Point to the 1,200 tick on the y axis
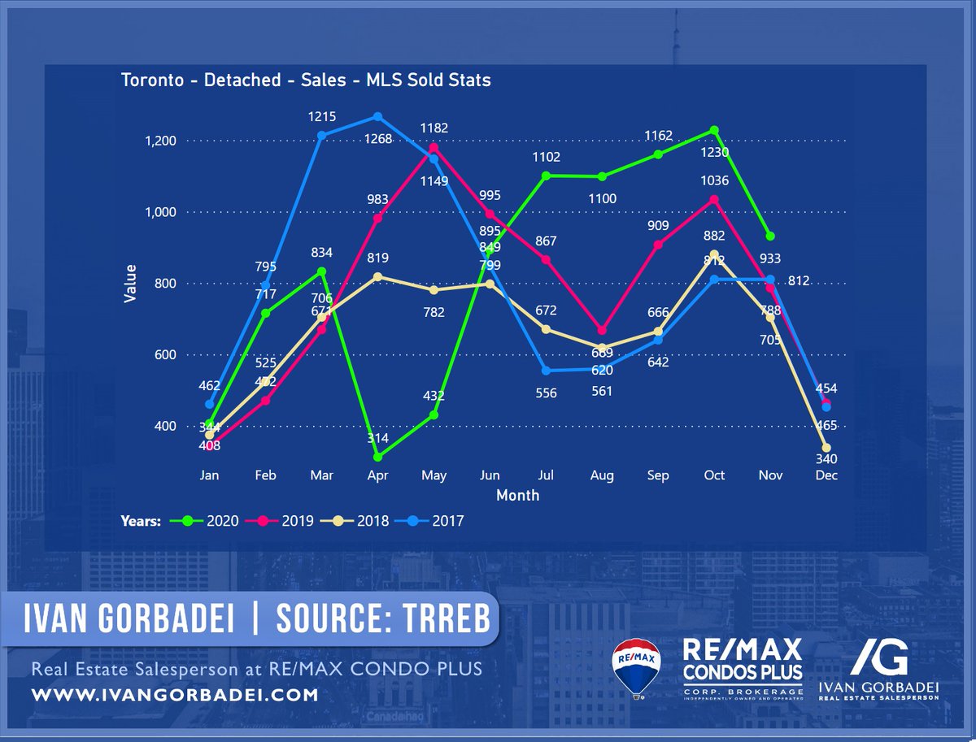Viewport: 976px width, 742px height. point(159,141)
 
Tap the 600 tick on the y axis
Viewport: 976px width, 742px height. point(165,355)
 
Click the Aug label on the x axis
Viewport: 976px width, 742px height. point(602,476)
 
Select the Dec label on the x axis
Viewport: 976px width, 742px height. point(826,476)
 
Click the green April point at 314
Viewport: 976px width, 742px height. point(378,457)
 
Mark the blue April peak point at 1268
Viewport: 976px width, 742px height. point(378,116)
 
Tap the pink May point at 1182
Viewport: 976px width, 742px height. point(434,147)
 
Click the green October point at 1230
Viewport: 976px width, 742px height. point(714,130)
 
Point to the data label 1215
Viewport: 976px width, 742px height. point(322,117)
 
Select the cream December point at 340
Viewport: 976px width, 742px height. point(826,448)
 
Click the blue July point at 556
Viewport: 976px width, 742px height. point(547,371)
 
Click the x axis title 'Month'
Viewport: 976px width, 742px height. point(517,495)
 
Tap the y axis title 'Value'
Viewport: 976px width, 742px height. point(130,283)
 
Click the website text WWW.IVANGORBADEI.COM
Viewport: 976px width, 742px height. point(174,696)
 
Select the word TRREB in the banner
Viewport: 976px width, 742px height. point(443,619)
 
